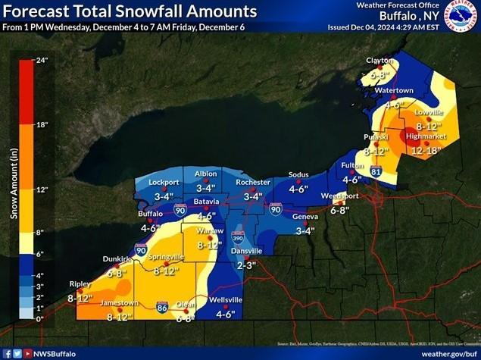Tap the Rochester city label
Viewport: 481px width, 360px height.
(253, 183)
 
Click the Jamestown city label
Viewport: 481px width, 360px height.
(119, 303)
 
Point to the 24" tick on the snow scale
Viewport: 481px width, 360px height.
(42, 60)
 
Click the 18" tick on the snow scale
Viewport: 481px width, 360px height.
(42, 124)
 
